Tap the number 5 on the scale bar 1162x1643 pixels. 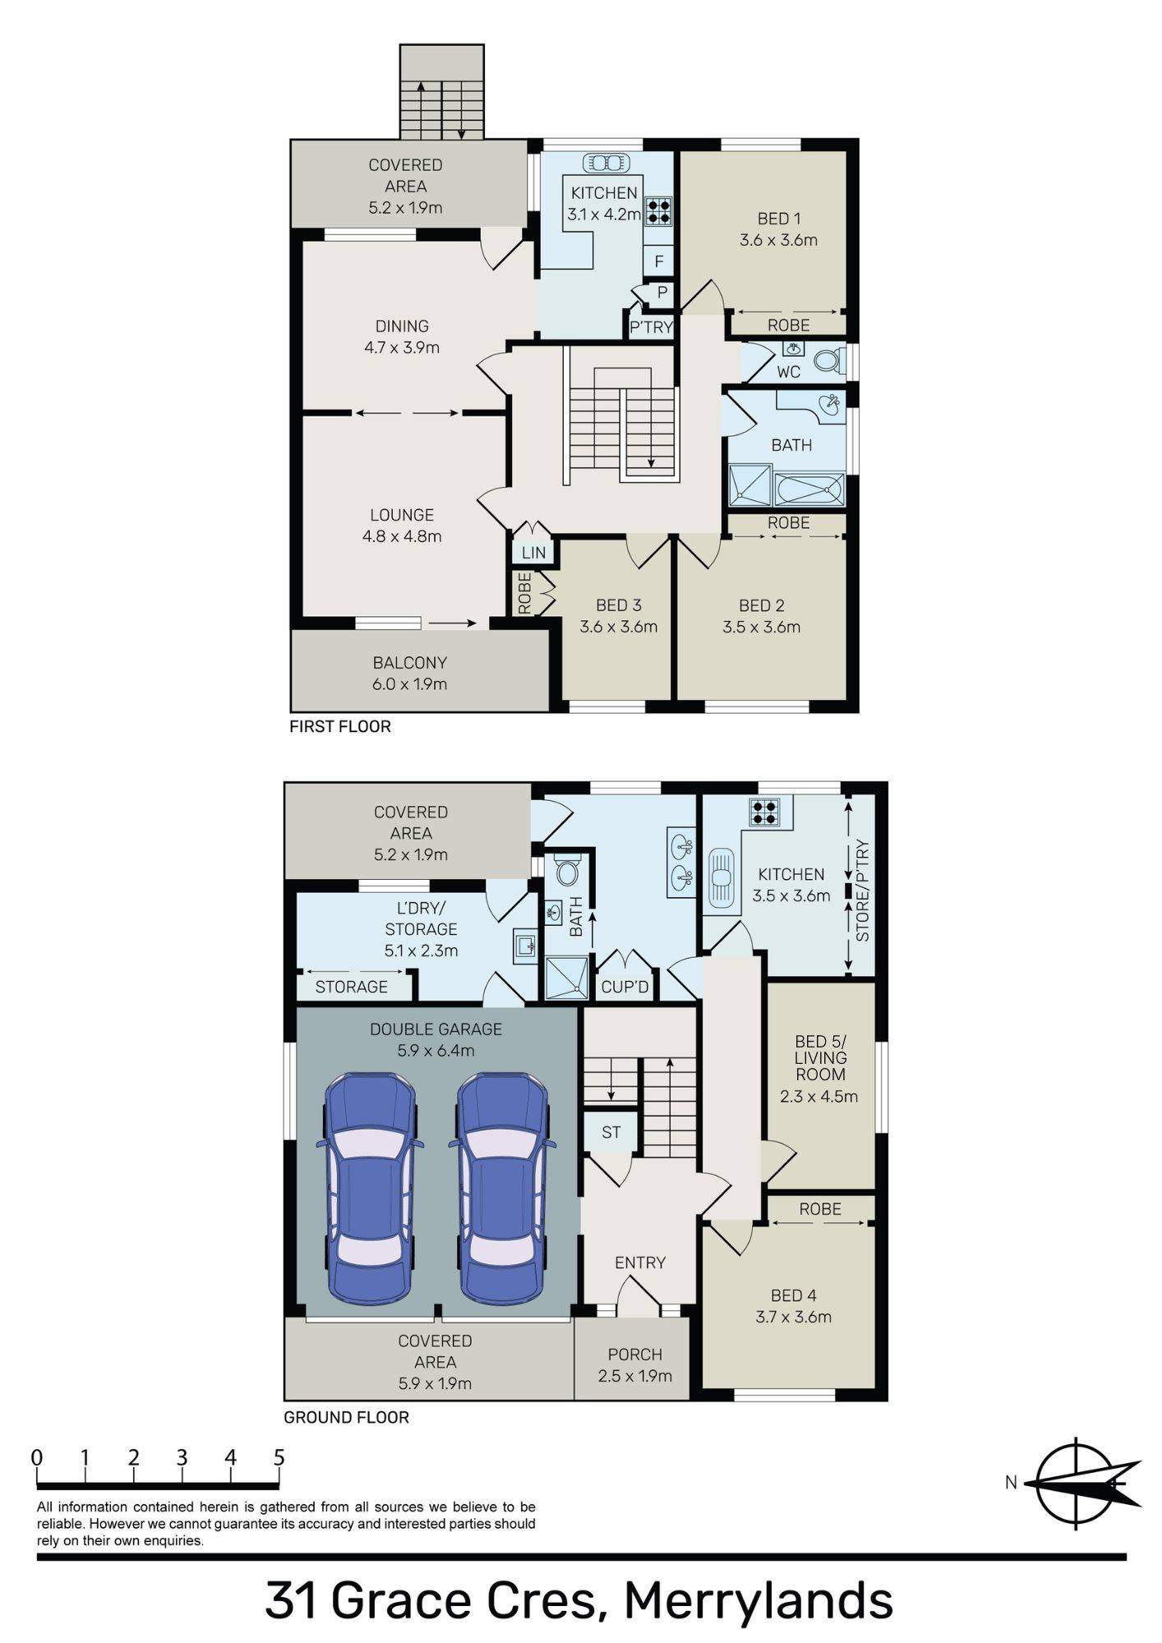coord(279,1457)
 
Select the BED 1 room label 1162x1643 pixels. coord(778,219)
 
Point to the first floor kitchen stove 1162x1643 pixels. coord(658,210)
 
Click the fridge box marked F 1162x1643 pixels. coord(659,262)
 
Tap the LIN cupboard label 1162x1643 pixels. coord(533,553)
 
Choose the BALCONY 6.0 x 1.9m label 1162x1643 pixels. coord(409,673)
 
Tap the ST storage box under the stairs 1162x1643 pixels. coord(611,1133)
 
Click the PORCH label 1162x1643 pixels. coord(634,1355)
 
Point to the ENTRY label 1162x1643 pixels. coord(640,1263)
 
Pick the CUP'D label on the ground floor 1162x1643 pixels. coord(625,987)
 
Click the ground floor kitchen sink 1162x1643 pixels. coord(721,877)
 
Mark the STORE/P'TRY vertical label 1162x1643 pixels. coord(862,890)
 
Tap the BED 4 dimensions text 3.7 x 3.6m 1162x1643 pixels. coord(793,1317)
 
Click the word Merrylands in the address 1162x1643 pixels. coord(758,1599)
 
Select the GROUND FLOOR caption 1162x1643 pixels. coord(346,1417)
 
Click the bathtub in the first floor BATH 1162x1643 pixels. coord(809,489)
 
